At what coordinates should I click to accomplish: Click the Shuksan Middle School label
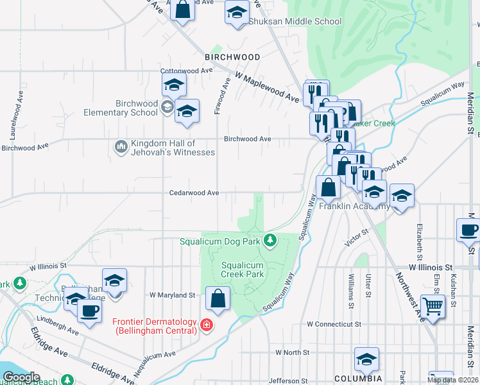click(x=295, y=21)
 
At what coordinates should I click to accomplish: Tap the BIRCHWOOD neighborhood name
click(x=232, y=57)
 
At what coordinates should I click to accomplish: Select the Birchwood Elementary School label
click(x=137, y=108)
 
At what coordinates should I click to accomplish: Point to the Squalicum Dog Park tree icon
click(x=271, y=241)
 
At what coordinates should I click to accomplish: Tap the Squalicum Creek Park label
click(x=243, y=269)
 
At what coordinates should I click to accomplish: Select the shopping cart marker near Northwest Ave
click(x=433, y=307)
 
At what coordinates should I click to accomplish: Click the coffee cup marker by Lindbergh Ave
click(x=89, y=311)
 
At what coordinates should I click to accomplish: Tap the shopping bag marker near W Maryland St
click(x=218, y=298)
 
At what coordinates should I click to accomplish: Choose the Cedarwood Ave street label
click(x=194, y=193)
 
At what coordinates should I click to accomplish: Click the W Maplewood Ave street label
click(x=267, y=88)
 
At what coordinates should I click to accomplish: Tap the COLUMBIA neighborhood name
click(x=359, y=379)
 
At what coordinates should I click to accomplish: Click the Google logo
click(x=21, y=377)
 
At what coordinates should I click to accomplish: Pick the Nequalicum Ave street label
click(x=154, y=363)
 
